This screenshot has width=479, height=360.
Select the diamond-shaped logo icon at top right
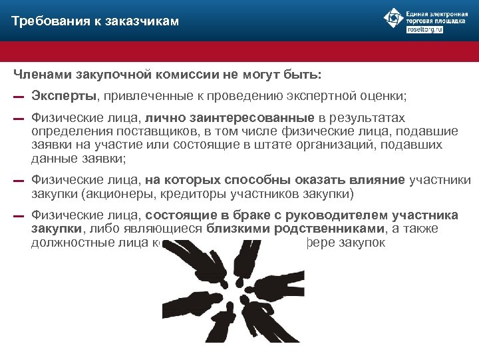(394, 19)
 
